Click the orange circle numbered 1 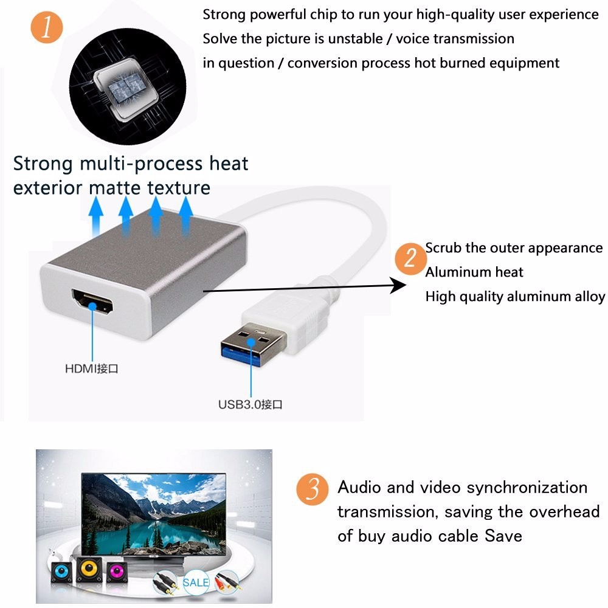click(47, 27)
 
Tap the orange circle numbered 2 click(410, 258)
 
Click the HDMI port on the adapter click(92, 302)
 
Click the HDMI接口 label click(92, 368)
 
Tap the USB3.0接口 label click(250, 404)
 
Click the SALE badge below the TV click(196, 582)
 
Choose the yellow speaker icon click(89, 569)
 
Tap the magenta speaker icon click(117, 572)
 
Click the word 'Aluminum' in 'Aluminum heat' click(454, 272)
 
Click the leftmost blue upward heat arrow click(96, 216)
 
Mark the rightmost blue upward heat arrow click(185, 216)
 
